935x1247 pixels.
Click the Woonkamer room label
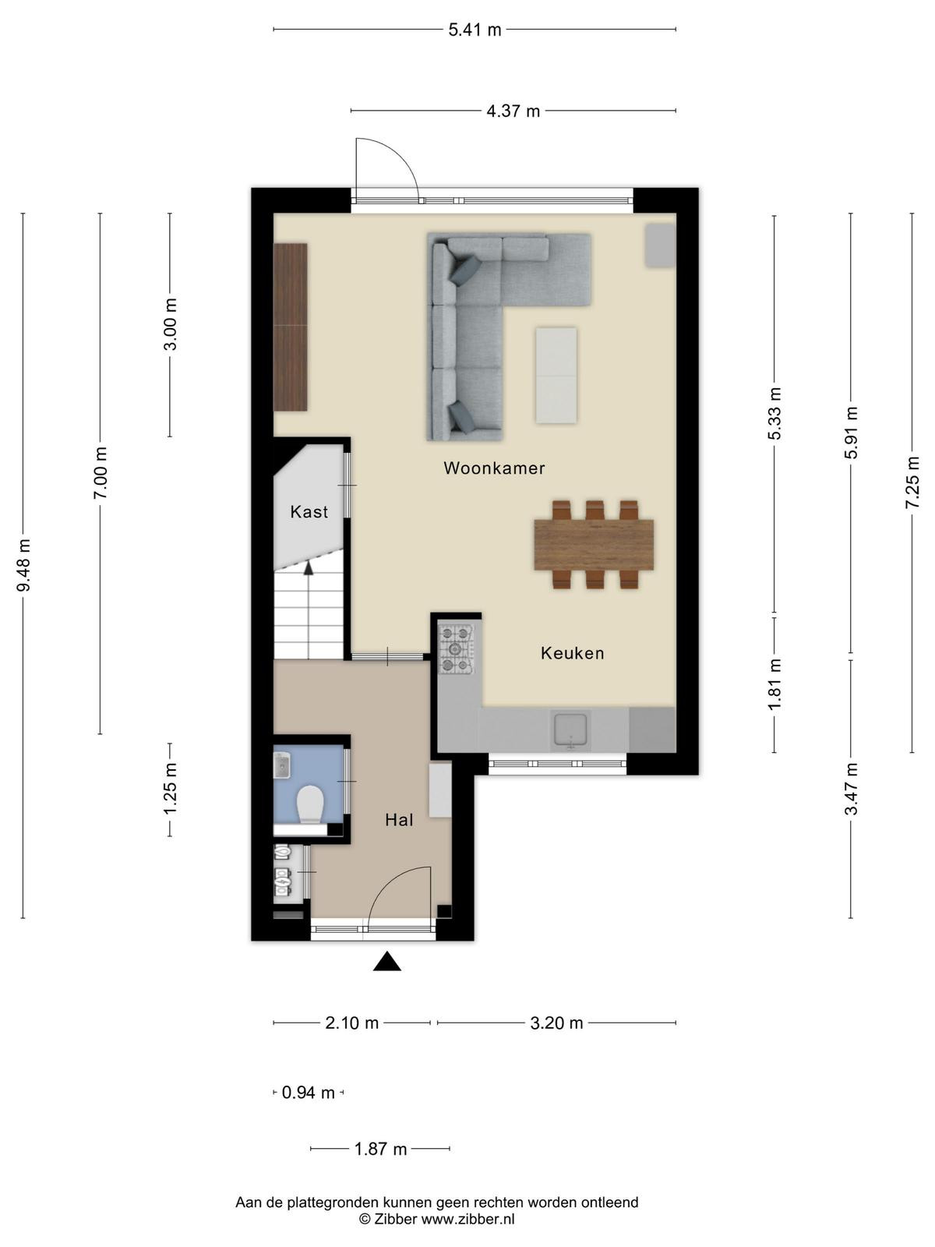(494, 468)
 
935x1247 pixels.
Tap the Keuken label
(572, 653)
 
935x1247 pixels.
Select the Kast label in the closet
(309, 512)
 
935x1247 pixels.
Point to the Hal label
(399, 820)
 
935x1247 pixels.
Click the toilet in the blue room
(310, 804)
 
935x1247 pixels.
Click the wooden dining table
(594, 545)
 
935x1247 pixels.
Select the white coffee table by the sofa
(556, 376)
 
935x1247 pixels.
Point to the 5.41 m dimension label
(475, 30)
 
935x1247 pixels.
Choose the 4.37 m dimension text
(513, 111)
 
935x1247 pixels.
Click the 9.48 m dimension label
(23, 565)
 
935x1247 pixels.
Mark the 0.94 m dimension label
(309, 1093)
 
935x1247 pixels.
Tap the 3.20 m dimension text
(556, 1023)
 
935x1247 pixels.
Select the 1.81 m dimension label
(775, 684)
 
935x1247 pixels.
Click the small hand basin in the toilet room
(282, 765)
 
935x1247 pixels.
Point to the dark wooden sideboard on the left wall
(291, 327)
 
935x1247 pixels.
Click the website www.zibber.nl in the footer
(467, 1219)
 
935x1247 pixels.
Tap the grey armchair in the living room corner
(660, 246)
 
